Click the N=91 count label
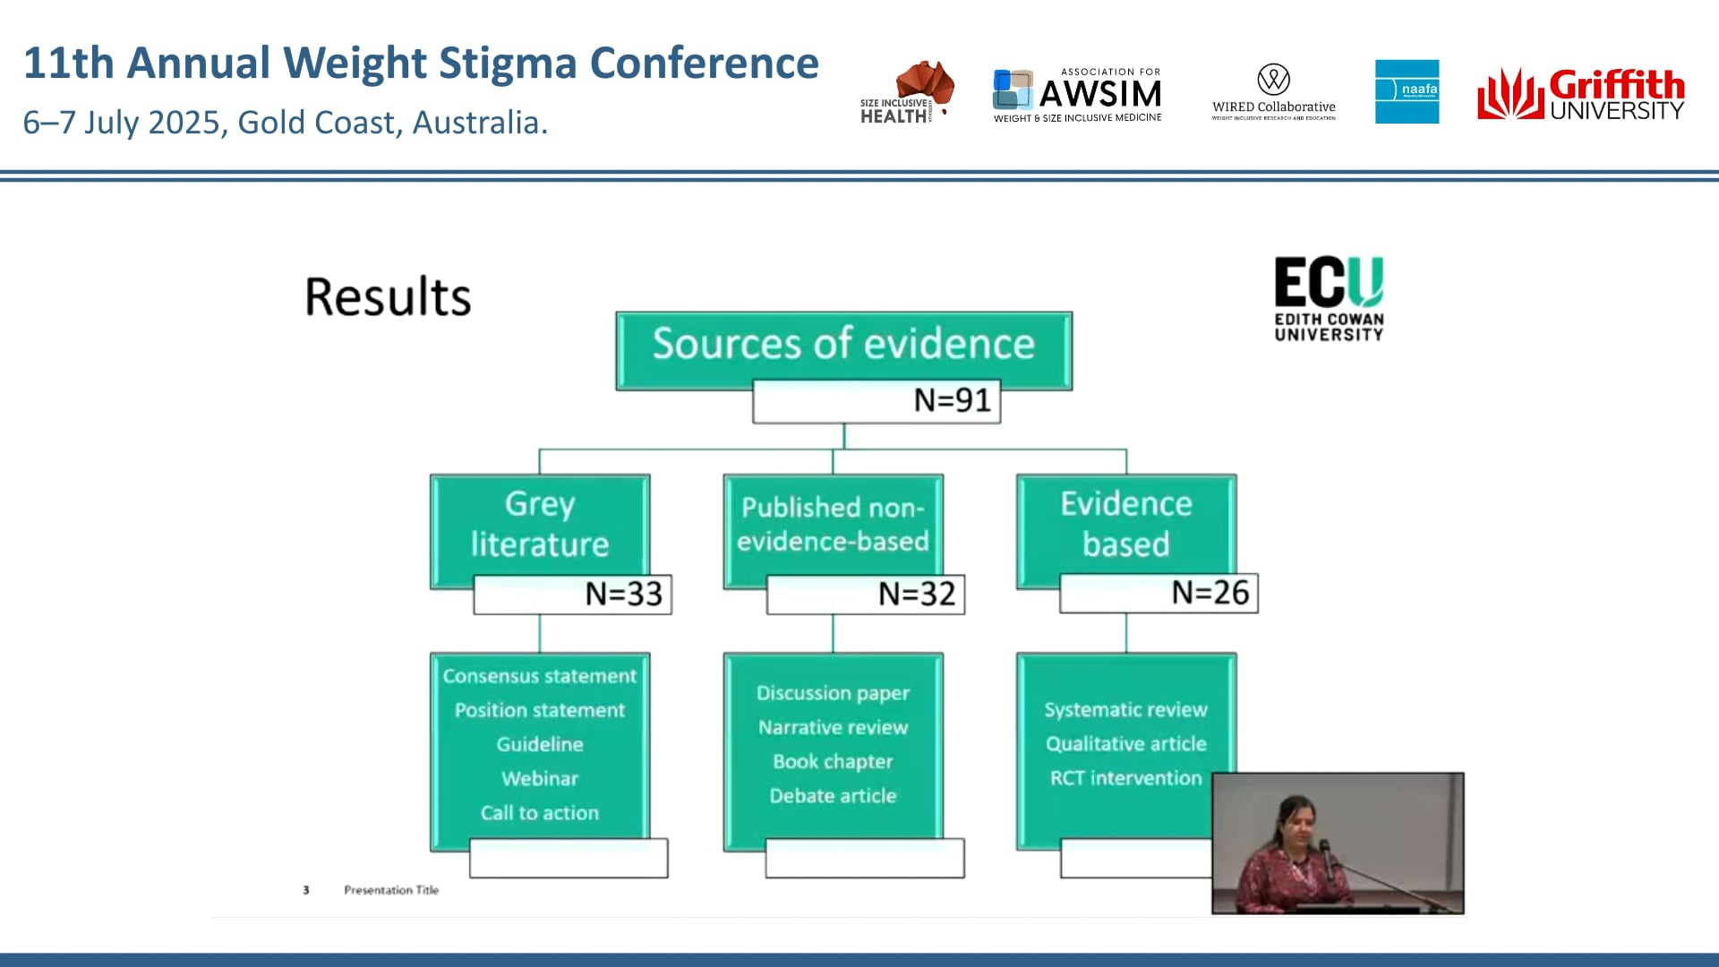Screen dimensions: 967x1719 point(952,400)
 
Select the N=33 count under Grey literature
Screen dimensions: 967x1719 point(623,594)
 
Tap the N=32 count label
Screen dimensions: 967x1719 point(916,594)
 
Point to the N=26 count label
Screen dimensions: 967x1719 point(1210,593)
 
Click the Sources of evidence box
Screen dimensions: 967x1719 point(843,345)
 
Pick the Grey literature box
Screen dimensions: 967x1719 point(540,525)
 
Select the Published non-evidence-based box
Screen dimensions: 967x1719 point(833,525)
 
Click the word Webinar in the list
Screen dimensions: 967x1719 point(540,779)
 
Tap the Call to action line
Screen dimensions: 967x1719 point(540,813)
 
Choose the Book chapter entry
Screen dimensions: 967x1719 point(833,762)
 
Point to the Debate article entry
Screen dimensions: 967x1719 point(833,796)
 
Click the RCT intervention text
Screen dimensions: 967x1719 point(1125,778)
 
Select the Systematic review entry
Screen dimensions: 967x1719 point(1125,710)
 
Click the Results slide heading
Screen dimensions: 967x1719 point(388,297)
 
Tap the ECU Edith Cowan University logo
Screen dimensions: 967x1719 point(1329,299)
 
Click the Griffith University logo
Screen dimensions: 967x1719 point(1580,94)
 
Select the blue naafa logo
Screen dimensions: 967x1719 point(1407,91)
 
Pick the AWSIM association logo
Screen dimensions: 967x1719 point(1077,94)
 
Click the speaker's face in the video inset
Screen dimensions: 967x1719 point(1296,820)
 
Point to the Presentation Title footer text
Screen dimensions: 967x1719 point(391,890)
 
